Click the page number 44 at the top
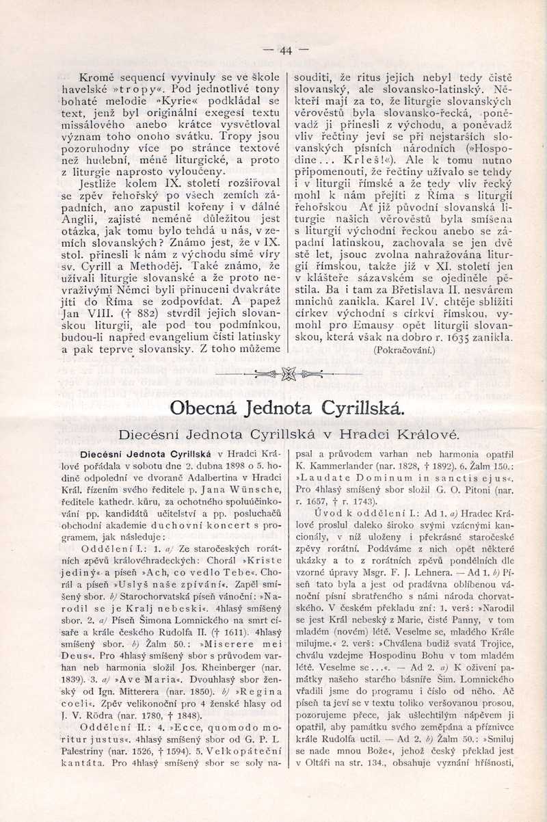click(x=285, y=50)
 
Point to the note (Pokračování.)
click(x=404, y=350)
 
